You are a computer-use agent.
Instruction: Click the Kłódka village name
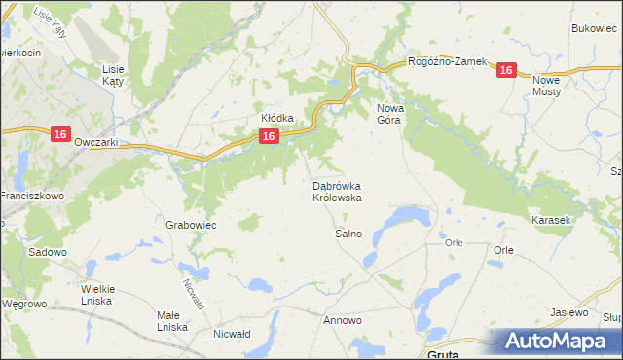click(x=276, y=118)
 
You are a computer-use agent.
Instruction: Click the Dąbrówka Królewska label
click(x=338, y=191)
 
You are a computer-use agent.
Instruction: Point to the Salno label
click(x=348, y=234)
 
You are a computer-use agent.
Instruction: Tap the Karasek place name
click(x=550, y=221)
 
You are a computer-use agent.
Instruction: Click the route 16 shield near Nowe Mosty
click(x=505, y=70)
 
